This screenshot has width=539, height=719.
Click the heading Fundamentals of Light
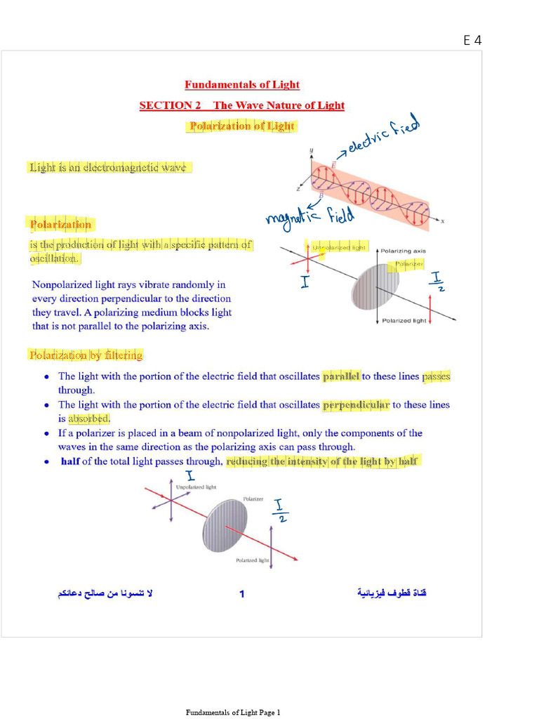point(242,85)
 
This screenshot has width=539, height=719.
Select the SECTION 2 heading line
point(242,105)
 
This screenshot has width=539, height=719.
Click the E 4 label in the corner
point(472,40)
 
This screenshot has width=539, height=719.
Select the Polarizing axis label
point(403,251)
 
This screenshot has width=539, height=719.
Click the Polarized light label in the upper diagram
point(404,321)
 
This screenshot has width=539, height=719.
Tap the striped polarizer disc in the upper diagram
point(375,286)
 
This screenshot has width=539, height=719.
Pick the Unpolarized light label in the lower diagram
point(196,487)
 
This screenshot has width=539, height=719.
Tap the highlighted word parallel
point(341,376)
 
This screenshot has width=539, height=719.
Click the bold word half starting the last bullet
point(70,461)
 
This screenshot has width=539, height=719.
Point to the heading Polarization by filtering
point(86,355)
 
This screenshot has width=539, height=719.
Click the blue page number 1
point(242,594)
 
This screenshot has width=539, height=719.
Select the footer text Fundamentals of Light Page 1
point(233,713)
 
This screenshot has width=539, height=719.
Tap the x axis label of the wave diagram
point(443,221)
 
